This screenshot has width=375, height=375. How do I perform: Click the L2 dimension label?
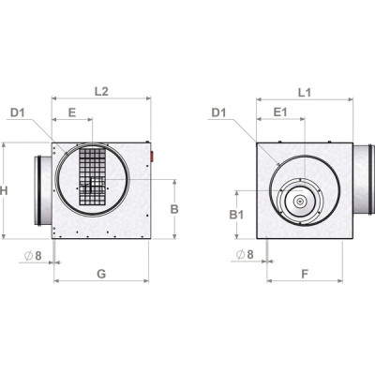(x=102, y=91)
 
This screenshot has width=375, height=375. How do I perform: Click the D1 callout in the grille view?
(x=18, y=113)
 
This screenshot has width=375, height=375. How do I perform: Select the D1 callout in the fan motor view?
(x=219, y=113)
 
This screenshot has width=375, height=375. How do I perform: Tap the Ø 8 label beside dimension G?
(x=35, y=254)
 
